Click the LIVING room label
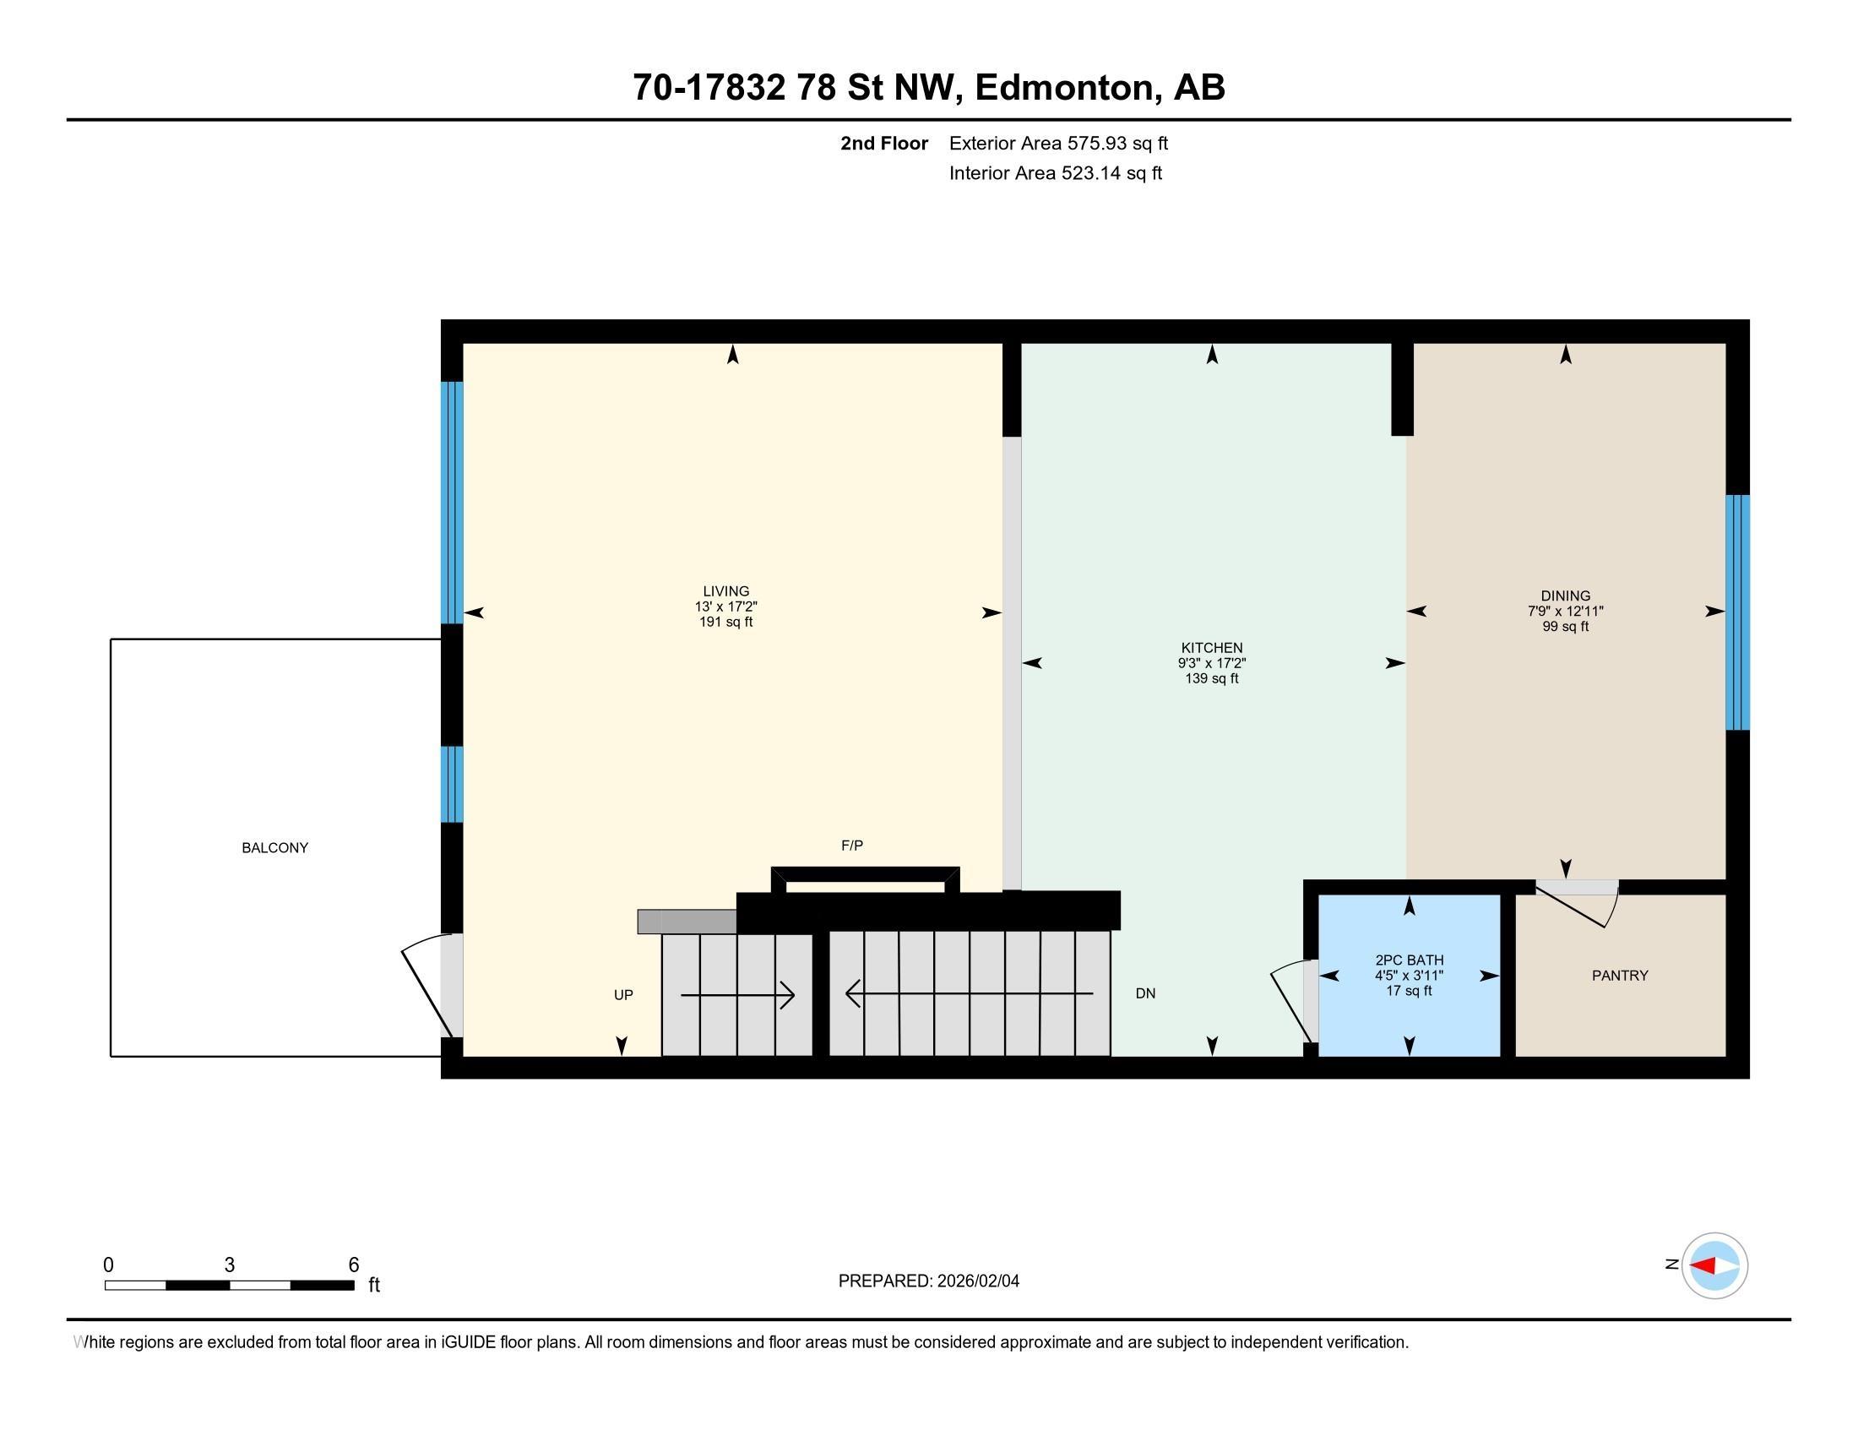click(725, 591)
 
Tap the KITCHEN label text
click(1211, 648)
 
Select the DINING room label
click(1565, 596)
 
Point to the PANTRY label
click(1620, 976)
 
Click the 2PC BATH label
click(1409, 960)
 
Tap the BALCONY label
click(274, 848)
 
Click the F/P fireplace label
click(851, 846)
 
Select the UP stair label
click(623, 995)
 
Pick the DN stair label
click(1145, 993)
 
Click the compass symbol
click(1714, 1266)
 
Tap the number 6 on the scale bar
click(354, 1265)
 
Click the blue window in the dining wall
click(1737, 612)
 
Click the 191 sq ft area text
click(725, 622)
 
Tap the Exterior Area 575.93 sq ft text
click(1058, 144)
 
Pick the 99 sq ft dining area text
click(1565, 627)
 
